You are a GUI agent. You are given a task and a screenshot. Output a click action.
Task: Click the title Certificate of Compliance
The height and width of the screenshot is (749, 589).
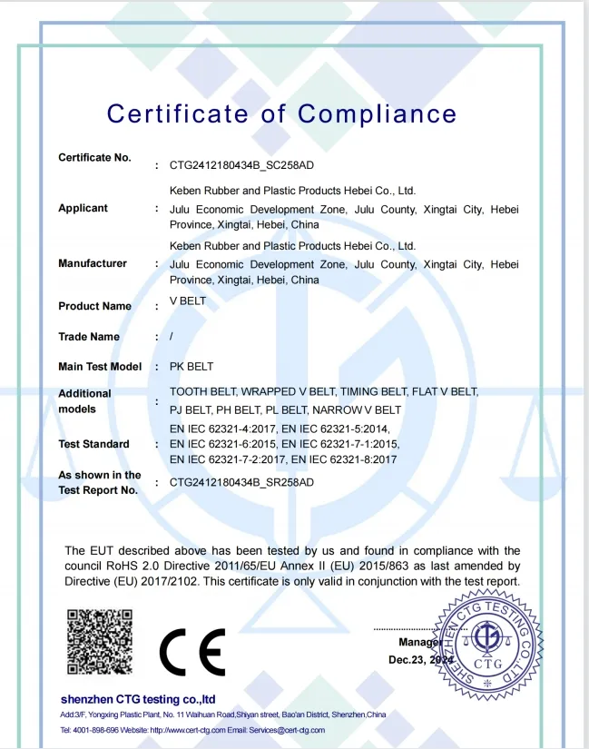(281, 114)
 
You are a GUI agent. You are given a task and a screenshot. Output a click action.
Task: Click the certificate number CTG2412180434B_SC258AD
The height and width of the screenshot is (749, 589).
(241, 166)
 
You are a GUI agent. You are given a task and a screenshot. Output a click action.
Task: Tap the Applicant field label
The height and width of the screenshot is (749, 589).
(83, 208)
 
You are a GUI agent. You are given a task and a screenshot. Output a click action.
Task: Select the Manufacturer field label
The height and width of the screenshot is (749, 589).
(93, 263)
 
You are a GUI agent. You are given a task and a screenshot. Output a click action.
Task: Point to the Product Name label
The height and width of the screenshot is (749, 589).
(94, 306)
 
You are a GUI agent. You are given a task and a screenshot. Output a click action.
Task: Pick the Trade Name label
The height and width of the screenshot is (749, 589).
(89, 337)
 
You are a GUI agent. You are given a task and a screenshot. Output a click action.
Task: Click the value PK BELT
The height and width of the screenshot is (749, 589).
(191, 367)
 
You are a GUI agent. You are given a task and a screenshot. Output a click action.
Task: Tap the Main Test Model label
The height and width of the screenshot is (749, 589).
(100, 367)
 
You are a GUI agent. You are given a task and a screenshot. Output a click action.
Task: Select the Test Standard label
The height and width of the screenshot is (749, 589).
(93, 444)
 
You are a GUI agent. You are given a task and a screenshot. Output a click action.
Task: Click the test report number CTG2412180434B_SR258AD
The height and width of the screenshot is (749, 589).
(241, 483)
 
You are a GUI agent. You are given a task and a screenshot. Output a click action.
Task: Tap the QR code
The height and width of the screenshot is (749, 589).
(100, 641)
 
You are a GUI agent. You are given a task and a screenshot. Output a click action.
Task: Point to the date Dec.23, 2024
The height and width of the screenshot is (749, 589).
(419, 660)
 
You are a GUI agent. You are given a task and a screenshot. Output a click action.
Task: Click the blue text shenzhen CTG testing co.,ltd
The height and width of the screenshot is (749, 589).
(138, 699)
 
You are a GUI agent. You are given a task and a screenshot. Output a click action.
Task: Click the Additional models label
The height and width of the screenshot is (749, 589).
(84, 401)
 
